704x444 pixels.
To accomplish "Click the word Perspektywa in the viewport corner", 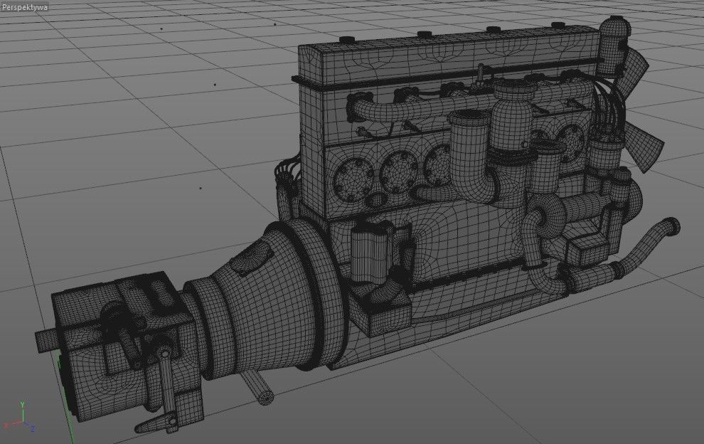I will (25, 6).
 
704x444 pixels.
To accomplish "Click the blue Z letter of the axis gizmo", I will (32, 428).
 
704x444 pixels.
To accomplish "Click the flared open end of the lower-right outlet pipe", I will (671, 227).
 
